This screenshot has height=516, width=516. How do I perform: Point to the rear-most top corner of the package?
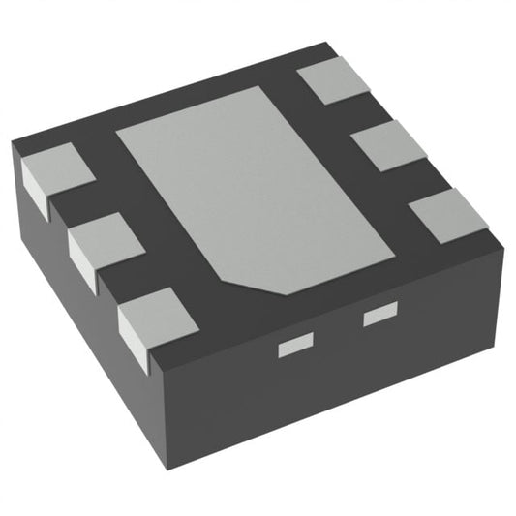(323, 44)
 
